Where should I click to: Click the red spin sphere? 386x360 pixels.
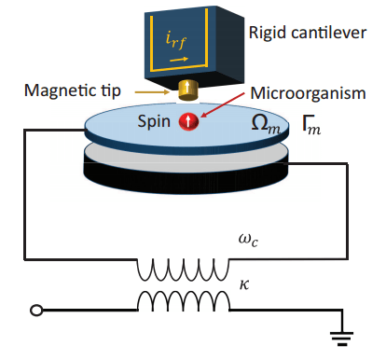point(187,121)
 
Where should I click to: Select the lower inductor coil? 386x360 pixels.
point(184,300)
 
